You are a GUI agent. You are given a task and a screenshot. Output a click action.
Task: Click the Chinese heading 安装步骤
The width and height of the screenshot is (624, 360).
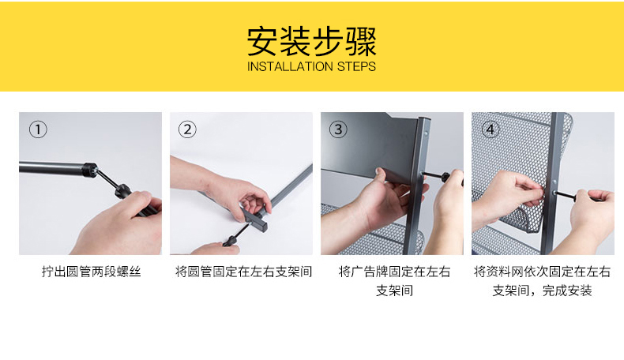coord(311,41)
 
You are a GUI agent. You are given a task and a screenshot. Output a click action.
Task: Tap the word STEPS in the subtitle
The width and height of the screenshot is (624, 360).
coord(356,66)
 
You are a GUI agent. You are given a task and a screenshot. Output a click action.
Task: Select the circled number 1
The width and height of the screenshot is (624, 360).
coord(38,129)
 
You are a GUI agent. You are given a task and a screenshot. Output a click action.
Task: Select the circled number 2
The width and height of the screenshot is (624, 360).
coord(187,129)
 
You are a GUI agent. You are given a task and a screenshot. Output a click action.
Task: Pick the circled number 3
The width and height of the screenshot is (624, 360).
coord(338,129)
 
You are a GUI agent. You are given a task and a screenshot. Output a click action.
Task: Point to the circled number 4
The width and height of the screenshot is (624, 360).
coord(491,129)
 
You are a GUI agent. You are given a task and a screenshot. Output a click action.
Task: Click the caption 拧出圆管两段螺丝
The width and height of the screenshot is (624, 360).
coord(91,272)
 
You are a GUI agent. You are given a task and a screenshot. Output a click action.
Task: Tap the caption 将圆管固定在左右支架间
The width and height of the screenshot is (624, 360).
coord(243,272)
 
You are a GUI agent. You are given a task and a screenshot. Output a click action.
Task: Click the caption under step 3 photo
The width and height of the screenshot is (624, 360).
coord(394,281)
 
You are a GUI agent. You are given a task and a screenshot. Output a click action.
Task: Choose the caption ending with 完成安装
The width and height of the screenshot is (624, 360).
coord(542,281)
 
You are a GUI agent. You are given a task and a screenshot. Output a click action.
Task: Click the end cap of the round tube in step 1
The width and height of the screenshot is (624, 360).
coord(90,170)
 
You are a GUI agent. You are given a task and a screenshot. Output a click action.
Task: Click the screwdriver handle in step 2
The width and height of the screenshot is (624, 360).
coord(230,241)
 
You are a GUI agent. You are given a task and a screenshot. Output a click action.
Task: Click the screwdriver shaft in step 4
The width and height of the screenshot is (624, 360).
coord(565,195)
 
